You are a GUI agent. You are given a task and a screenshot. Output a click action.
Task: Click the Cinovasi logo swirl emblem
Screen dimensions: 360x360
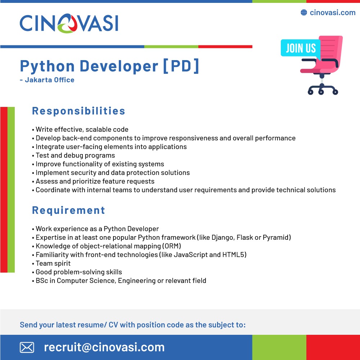pyautogui.click(x=68, y=23)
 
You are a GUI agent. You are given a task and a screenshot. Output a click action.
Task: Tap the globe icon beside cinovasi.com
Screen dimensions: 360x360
pyautogui.click(x=304, y=12)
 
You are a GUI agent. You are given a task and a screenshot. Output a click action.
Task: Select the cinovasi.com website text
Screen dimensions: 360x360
pyautogui.click(x=332, y=12)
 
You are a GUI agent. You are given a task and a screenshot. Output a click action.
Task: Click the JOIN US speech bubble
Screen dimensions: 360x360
pyautogui.click(x=301, y=48)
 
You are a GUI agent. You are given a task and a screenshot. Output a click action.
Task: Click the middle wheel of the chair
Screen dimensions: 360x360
pyautogui.click(x=321, y=92)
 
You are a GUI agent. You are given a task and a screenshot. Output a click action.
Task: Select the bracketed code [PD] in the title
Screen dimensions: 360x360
pyautogui.click(x=181, y=66)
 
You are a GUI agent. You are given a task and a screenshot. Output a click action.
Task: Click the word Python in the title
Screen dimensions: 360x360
pyautogui.click(x=47, y=67)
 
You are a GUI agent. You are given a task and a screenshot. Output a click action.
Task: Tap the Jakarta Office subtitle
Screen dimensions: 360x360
pyautogui.click(x=47, y=80)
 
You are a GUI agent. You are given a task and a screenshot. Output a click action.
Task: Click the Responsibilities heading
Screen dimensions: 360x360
pyautogui.click(x=78, y=111)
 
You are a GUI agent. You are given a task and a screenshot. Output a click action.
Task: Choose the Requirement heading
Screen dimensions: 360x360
pyautogui.click(x=68, y=211)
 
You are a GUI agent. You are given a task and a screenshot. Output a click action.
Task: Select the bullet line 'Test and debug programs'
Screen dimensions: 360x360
pyautogui.click(x=73, y=156)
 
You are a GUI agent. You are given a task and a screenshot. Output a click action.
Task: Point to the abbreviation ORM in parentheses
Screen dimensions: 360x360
pyautogui.click(x=171, y=246)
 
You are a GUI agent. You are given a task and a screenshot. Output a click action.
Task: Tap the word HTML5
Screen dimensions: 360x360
pyautogui.click(x=233, y=255)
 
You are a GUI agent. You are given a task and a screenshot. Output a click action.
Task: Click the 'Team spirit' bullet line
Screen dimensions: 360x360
pyautogui.click(x=51, y=264)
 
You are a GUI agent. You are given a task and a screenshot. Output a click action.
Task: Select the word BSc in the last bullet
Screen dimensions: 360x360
pyautogui.click(x=42, y=280)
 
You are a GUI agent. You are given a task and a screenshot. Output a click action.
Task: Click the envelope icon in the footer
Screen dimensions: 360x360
pyautogui.click(x=27, y=347)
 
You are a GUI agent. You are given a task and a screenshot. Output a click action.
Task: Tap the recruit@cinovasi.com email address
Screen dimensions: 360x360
pyautogui.click(x=104, y=347)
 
